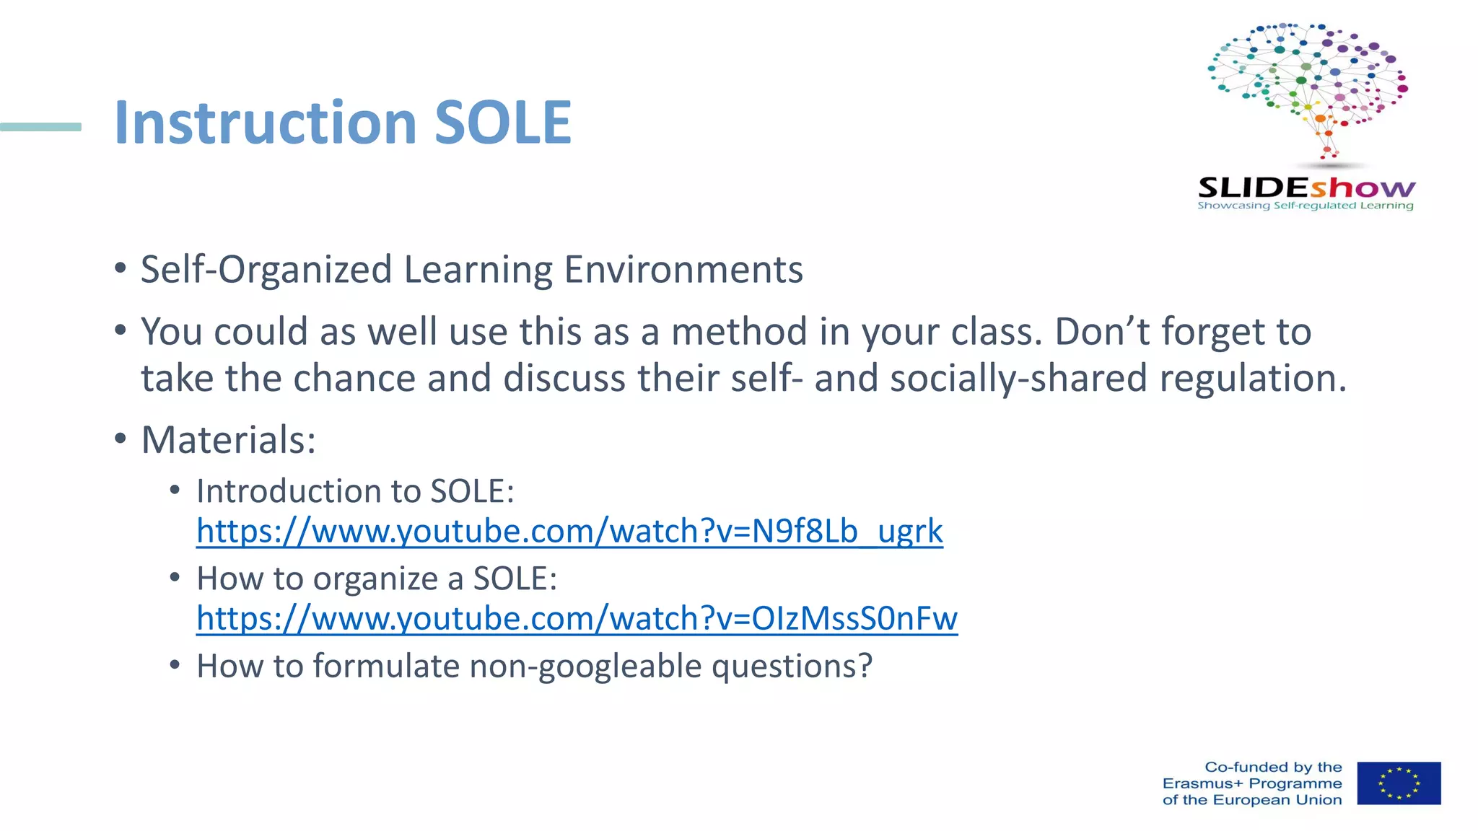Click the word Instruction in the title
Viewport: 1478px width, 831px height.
[266, 123]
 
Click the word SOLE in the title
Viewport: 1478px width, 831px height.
[503, 123]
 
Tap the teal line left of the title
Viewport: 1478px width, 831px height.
[40, 127]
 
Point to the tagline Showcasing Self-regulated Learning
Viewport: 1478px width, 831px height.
[1305, 206]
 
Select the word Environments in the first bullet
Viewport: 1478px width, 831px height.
[683, 270]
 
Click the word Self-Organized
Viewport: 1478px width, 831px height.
[266, 270]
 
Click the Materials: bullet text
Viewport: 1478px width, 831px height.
[228, 440]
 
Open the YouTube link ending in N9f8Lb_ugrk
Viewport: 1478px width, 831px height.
[569, 532]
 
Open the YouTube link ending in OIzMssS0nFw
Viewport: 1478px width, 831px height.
[576, 619]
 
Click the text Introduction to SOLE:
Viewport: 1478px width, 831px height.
[355, 491]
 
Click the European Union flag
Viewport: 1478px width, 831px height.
[1398, 783]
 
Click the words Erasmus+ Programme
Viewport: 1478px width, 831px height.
[1251, 783]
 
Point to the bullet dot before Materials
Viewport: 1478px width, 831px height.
[121, 438]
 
